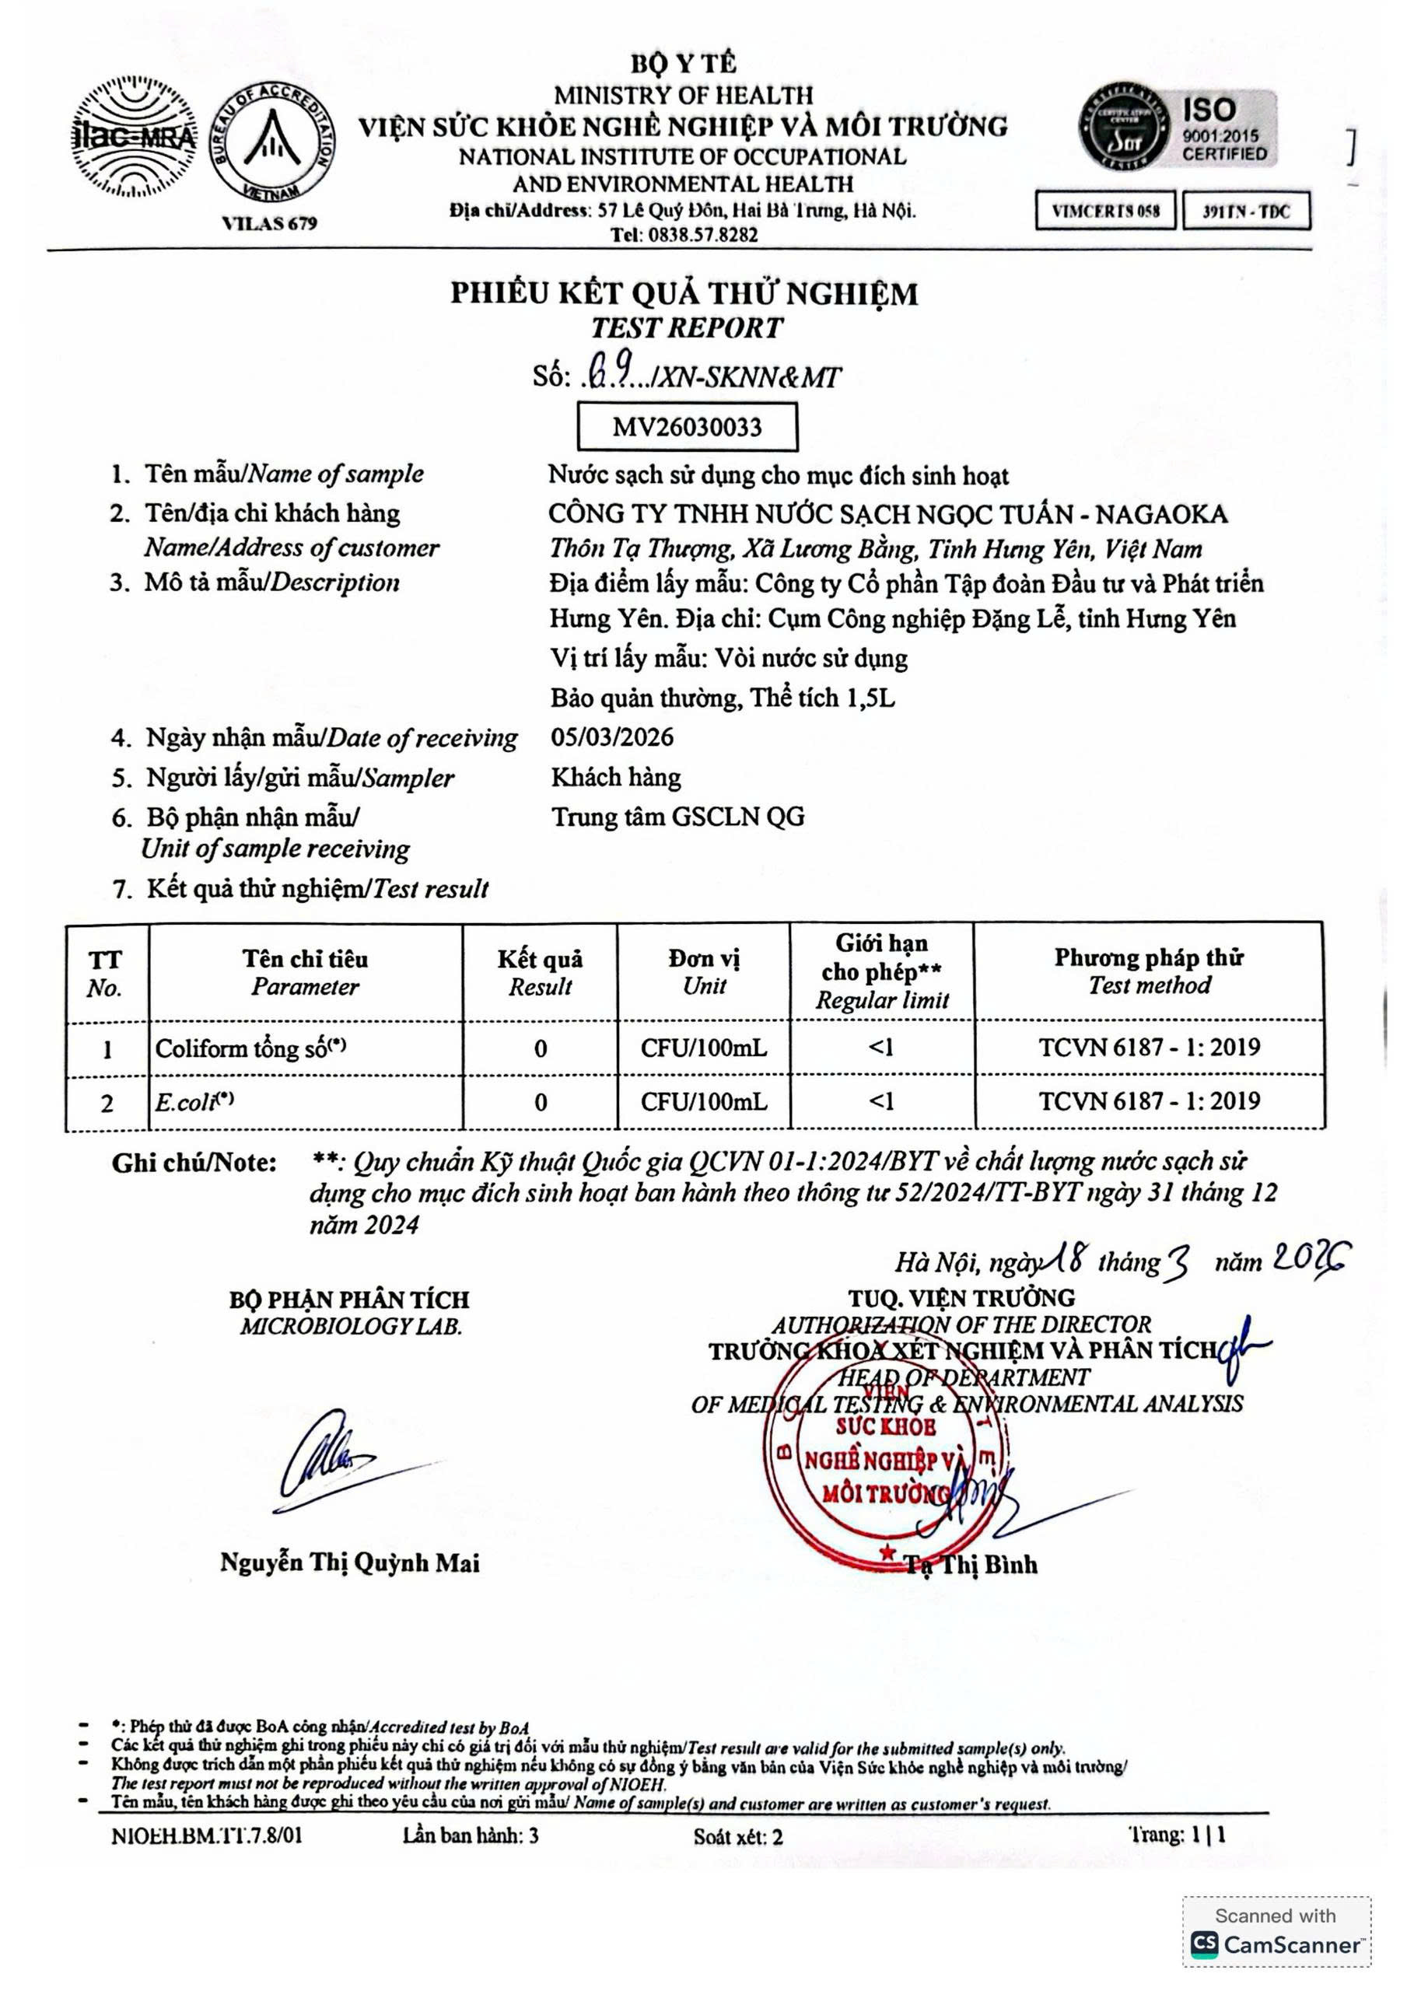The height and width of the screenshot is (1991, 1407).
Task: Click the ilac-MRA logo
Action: (x=133, y=137)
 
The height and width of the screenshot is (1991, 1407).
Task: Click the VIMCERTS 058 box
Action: (x=1105, y=211)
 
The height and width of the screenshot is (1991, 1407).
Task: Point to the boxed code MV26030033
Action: (x=687, y=427)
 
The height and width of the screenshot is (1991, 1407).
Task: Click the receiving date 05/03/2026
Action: (x=612, y=737)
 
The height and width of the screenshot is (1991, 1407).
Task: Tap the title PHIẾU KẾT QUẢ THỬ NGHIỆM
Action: (x=684, y=293)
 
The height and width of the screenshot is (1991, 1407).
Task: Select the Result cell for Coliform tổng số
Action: (x=541, y=1048)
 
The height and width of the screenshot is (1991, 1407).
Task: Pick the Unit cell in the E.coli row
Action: (x=703, y=1101)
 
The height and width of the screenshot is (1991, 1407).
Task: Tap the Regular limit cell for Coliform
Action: (x=881, y=1048)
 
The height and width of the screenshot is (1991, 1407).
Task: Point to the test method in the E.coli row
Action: (x=1150, y=1101)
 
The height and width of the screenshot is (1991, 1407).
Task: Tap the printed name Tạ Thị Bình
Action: (x=971, y=1563)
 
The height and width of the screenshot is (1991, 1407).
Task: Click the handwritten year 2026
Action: (x=1311, y=1258)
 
